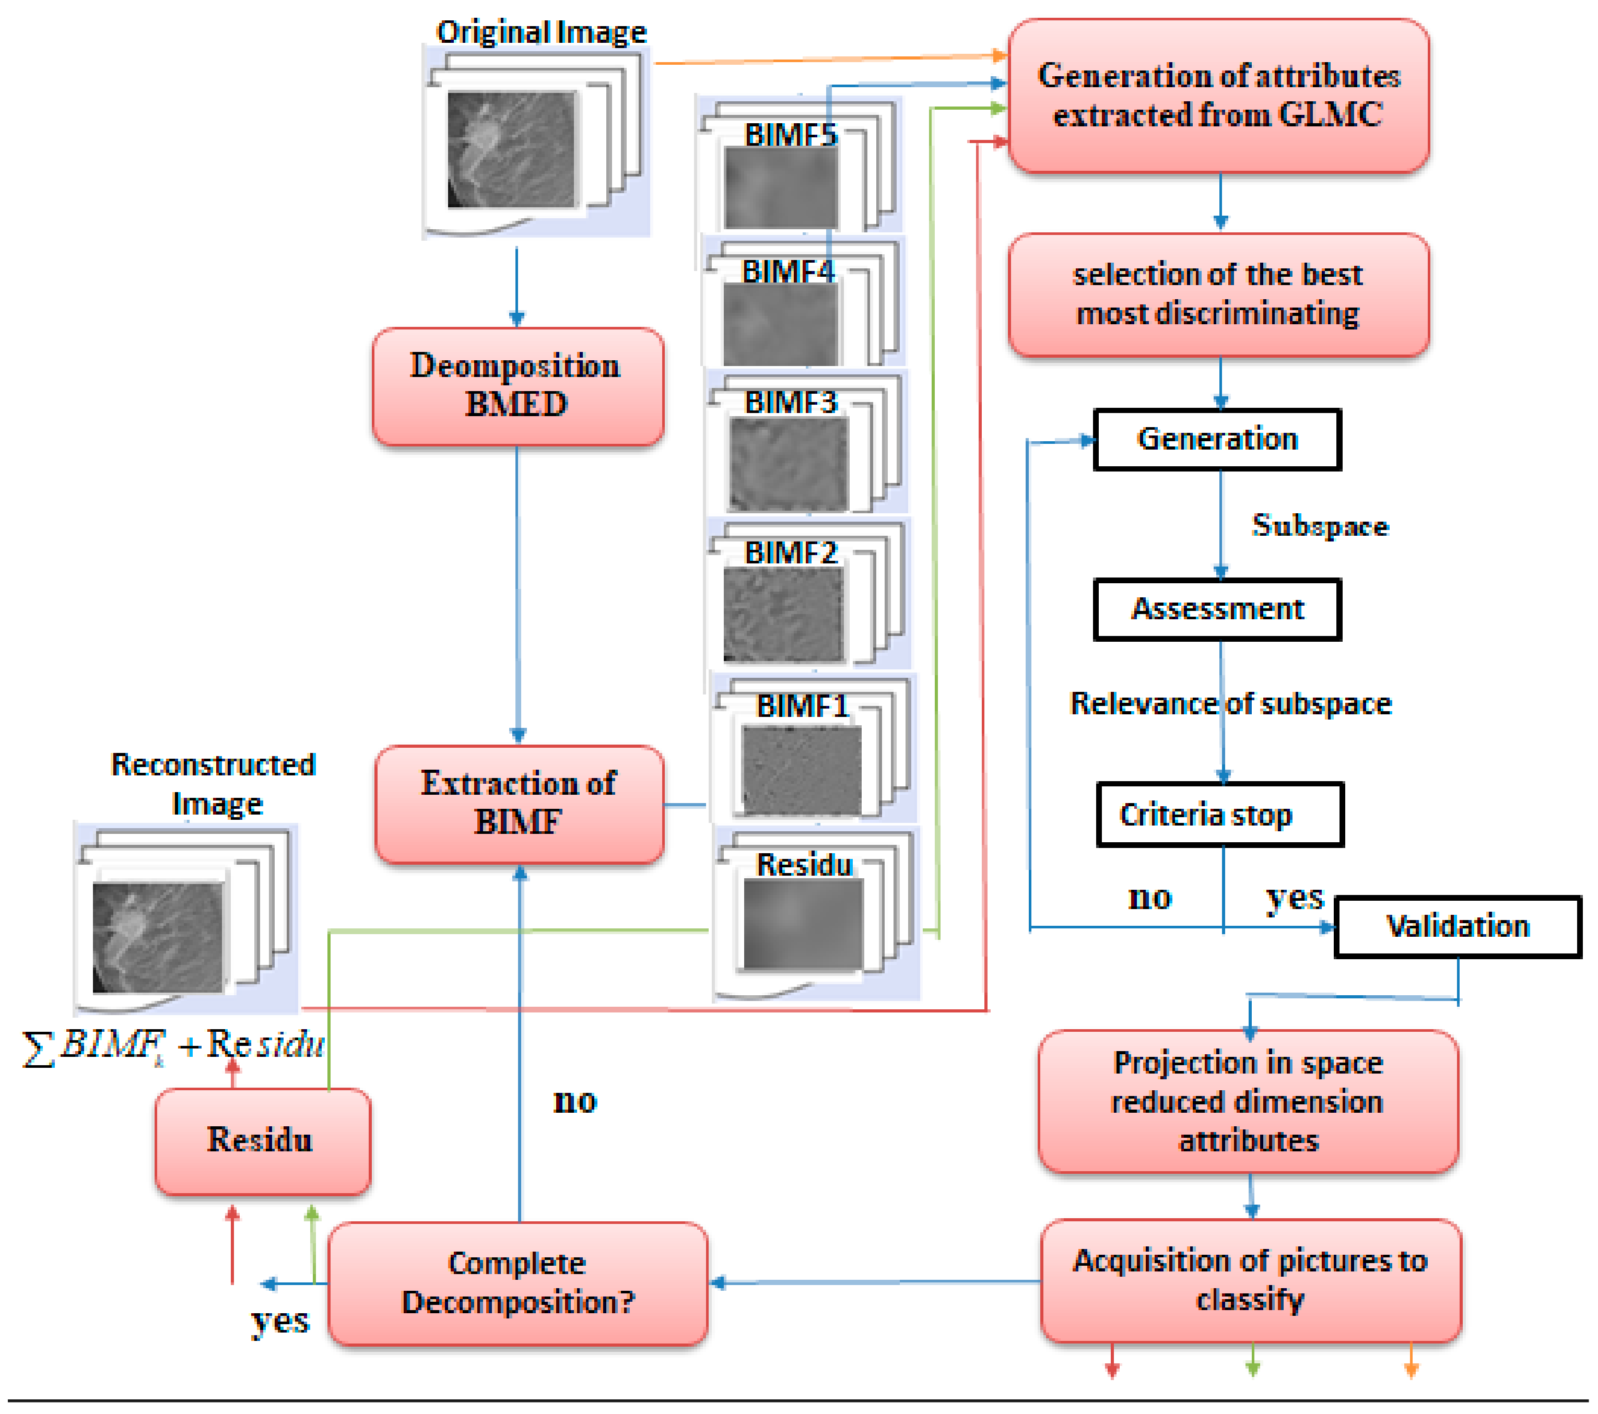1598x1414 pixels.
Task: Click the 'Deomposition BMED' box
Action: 517,386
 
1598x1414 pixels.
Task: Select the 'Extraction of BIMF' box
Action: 519,804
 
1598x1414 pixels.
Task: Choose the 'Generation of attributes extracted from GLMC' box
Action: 1218,96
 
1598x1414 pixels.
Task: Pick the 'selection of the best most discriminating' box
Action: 1218,294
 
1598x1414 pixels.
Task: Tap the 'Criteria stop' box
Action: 1219,815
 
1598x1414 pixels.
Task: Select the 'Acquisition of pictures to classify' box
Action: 1250,1280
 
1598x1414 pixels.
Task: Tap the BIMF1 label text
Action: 802,706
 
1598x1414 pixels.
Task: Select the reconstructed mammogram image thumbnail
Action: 157,937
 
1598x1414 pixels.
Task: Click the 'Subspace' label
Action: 1320,525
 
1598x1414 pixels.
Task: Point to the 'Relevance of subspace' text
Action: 1230,703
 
